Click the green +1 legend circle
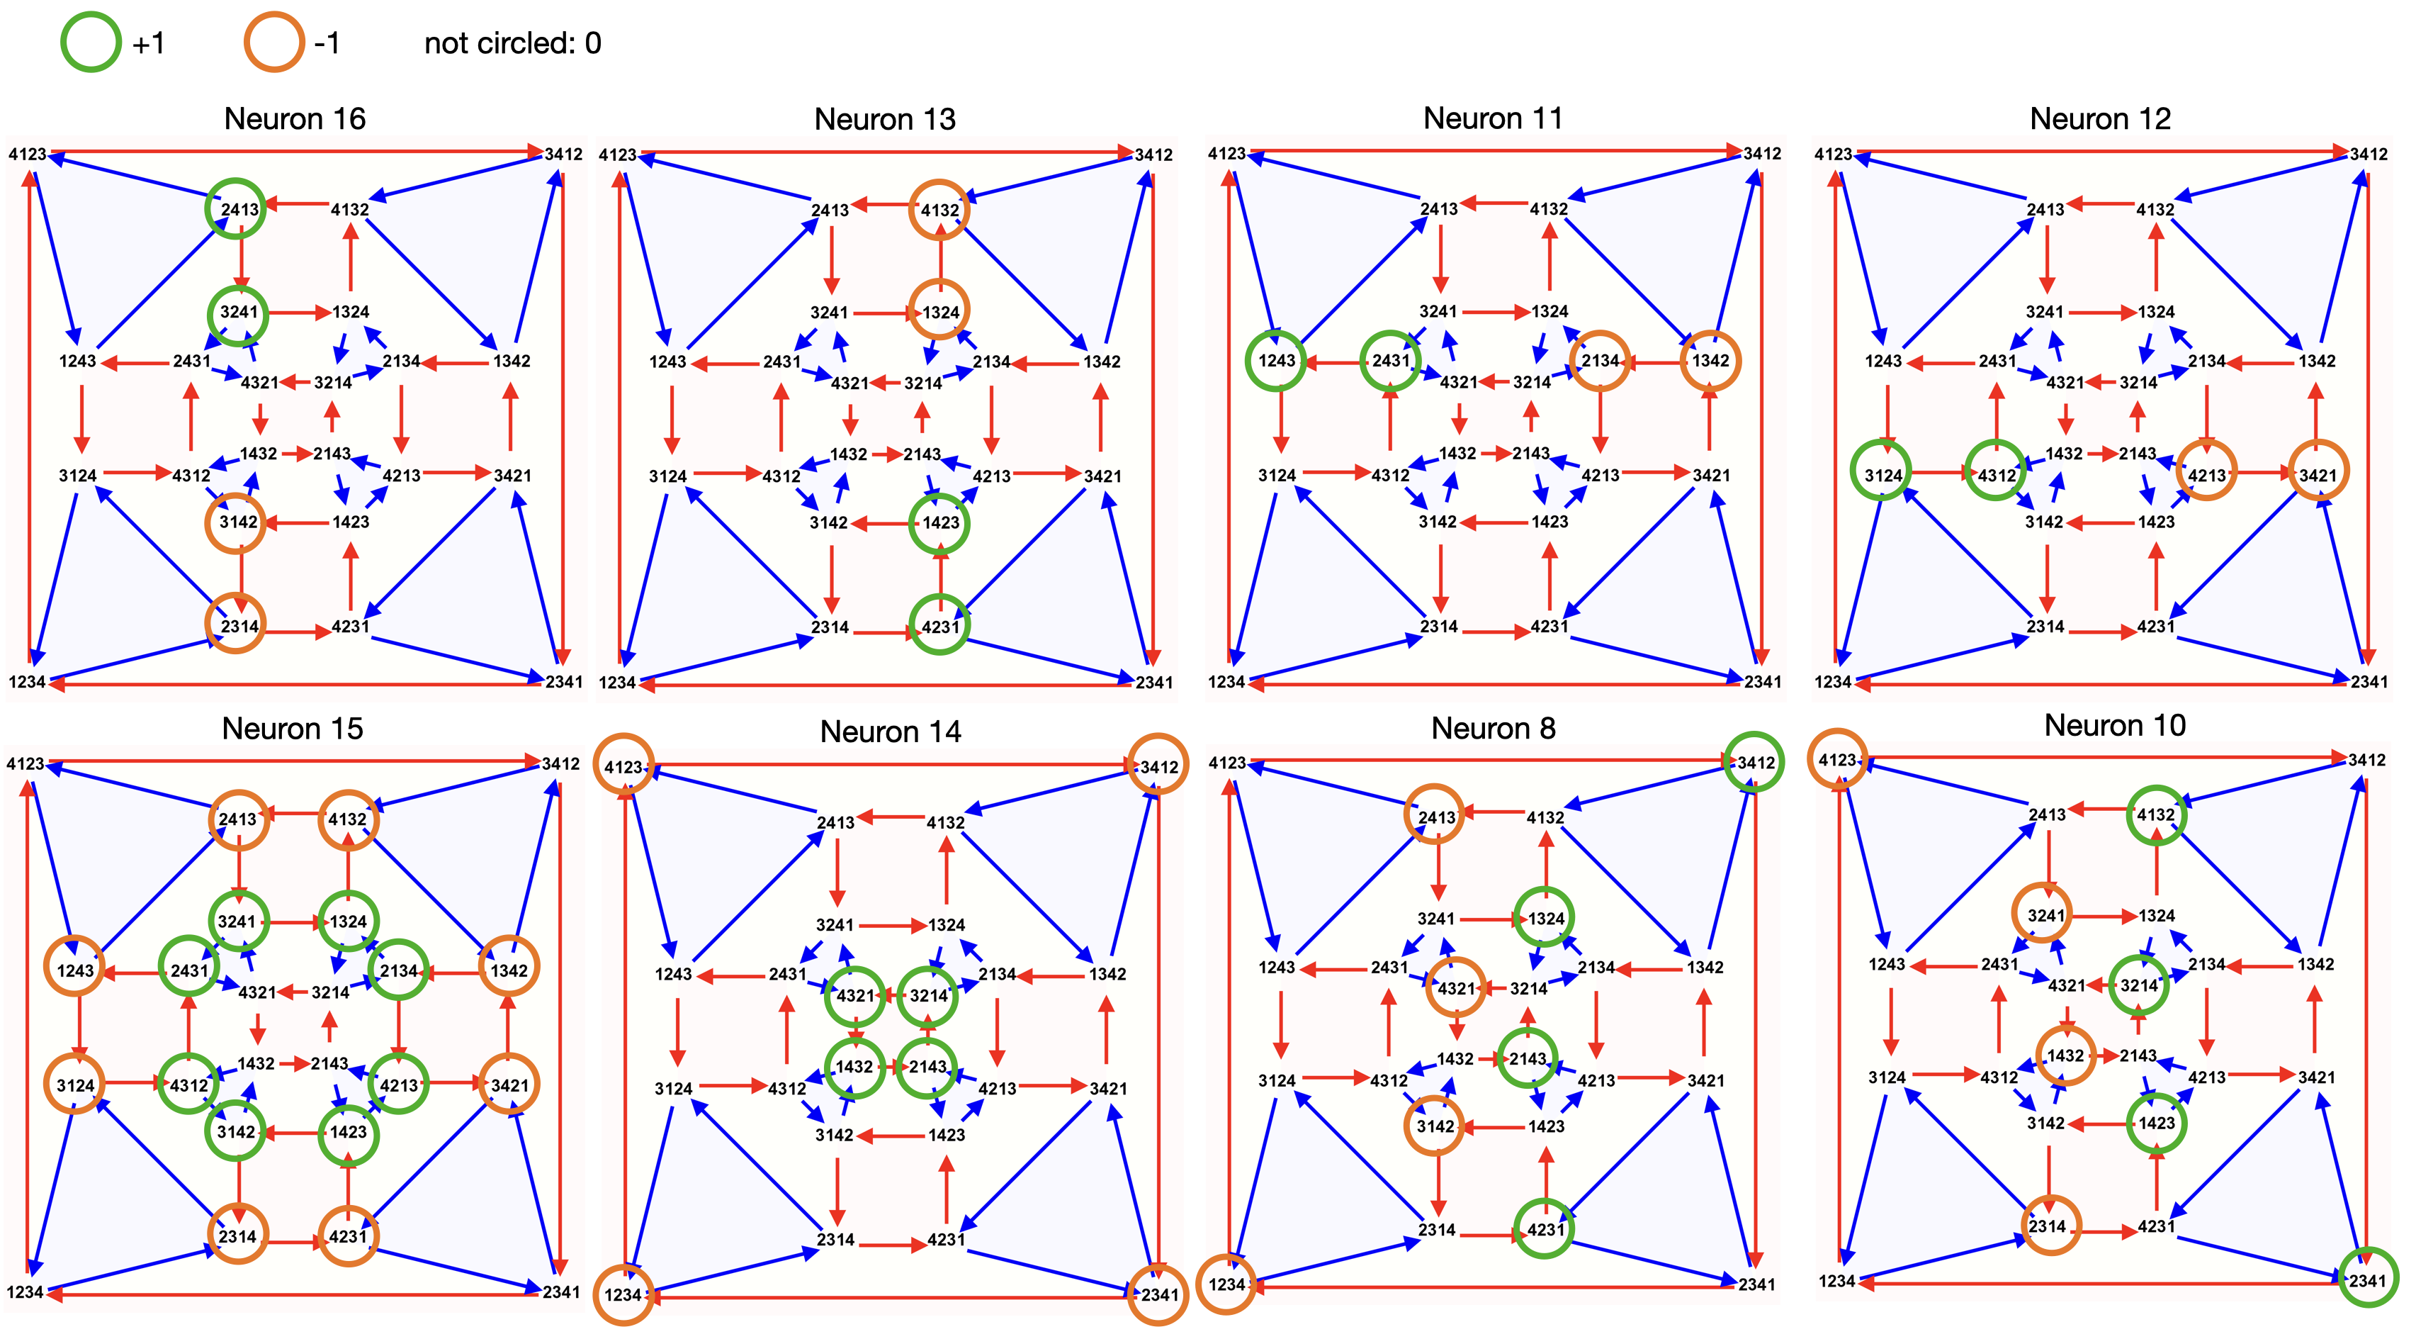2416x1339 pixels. click(90, 43)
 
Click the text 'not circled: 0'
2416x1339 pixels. click(512, 43)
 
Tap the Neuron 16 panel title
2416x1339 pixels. click(295, 119)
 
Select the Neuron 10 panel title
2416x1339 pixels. click(2114, 725)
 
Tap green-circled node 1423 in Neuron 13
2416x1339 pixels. click(939, 522)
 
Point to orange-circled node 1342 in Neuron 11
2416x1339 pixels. click(1710, 360)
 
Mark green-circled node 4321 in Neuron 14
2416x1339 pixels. click(854, 996)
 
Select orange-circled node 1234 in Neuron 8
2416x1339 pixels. click(1226, 1284)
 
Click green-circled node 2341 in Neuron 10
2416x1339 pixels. click(2367, 1280)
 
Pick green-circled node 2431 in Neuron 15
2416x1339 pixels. click(188, 969)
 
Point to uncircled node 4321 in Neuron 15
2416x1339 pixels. click(257, 992)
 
